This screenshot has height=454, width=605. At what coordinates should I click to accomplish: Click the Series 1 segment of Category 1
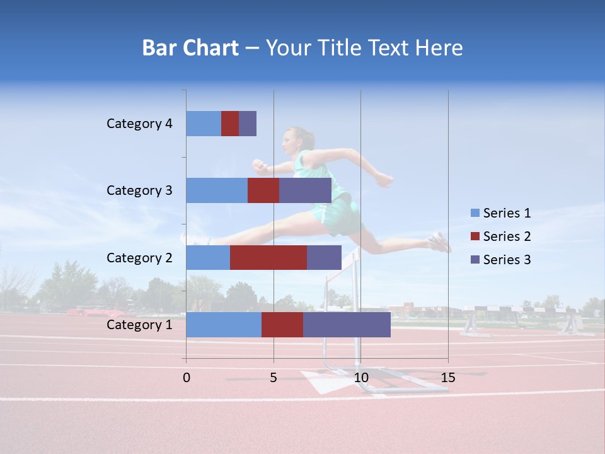point(224,325)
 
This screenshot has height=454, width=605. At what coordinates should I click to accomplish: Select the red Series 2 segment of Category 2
point(268,257)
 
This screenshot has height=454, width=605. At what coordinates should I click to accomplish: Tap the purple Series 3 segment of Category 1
point(347,325)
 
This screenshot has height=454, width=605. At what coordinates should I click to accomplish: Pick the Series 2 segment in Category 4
point(230,124)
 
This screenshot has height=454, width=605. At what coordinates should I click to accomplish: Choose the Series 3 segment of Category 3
point(305,190)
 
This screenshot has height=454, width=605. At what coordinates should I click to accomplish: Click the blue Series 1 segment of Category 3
point(217,190)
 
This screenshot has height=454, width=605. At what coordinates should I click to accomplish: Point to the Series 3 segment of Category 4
point(248,124)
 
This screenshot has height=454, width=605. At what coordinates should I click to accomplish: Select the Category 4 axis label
point(139,124)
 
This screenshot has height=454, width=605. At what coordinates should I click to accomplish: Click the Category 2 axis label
point(139,257)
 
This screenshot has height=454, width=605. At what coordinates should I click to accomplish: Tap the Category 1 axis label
point(139,325)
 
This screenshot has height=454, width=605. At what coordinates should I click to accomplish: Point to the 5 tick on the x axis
point(274,378)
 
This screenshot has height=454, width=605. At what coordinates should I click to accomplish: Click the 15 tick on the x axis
point(447,378)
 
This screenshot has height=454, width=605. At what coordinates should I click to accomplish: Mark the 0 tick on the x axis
point(187,378)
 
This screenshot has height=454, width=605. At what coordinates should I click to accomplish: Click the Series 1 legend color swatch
point(475,213)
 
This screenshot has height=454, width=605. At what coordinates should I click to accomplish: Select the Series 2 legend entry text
point(507,236)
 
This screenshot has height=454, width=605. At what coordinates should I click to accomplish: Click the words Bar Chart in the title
point(190,48)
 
